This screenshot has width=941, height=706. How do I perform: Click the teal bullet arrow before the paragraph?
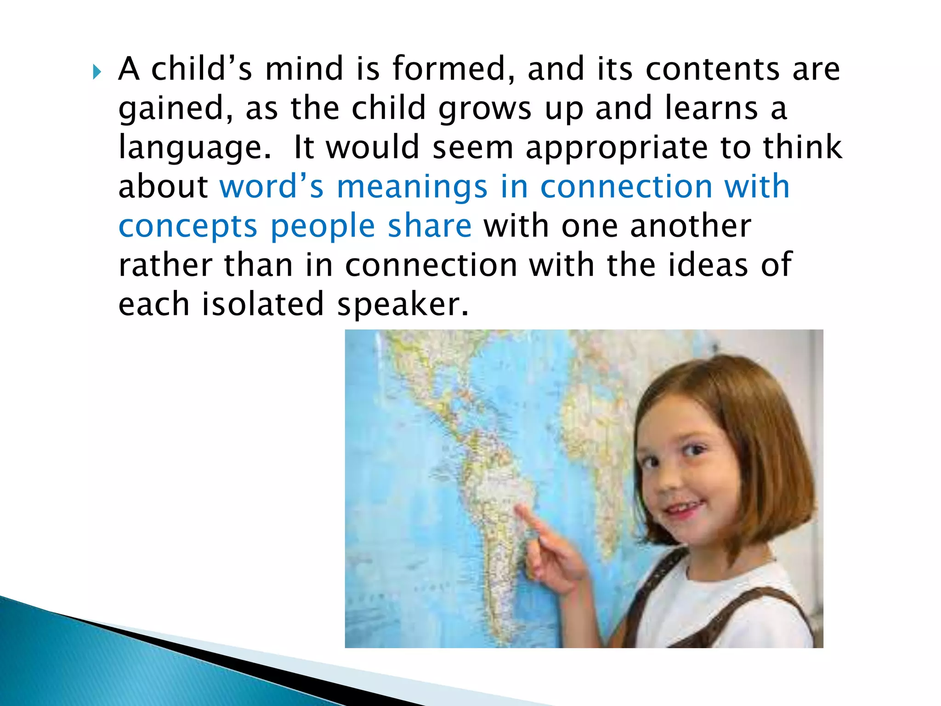pos(96,72)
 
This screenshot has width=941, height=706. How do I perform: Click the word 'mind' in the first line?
pos(304,69)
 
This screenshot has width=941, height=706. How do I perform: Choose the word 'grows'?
pos(485,109)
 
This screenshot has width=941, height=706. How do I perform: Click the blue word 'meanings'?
pos(412,188)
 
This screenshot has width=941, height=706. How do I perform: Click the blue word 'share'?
pos(430,226)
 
